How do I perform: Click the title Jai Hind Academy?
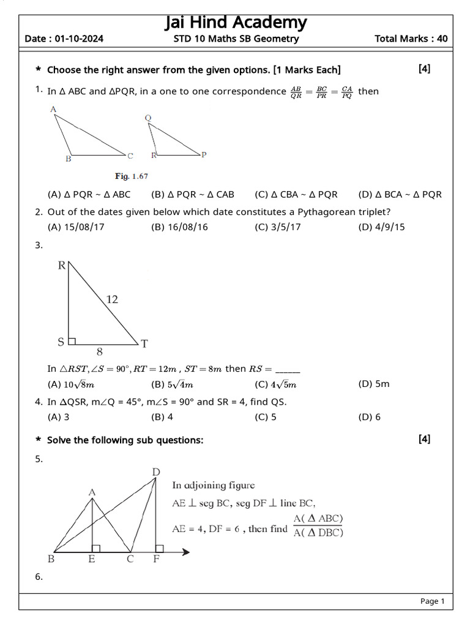[x=236, y=23]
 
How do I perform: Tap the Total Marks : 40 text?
[x=411, y=39]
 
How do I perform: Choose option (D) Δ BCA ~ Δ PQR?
[x=400, y=195]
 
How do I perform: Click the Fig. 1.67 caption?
[x=132, y=176]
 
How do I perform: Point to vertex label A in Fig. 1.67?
[x=54, y=110]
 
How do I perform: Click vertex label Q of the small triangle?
[x=149, y=118]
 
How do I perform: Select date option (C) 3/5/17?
[x=278, y=227]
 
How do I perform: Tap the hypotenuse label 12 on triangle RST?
[x=111, y=299]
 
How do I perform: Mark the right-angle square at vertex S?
[x=72, y=340]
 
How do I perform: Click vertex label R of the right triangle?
[x=62, y=265]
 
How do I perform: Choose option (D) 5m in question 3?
[x=373, y=384]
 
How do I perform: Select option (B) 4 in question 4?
[x=162, y=417]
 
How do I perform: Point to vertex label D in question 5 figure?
[x=155, y=471]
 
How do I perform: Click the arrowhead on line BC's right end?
[x=185, y=552]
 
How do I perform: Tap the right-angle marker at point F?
[x=159, y=548]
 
